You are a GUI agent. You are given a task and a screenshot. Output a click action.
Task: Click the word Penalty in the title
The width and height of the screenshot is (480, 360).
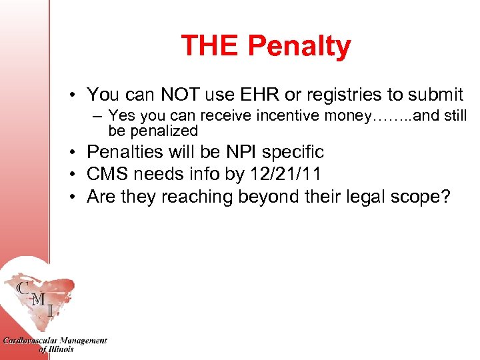(x=299, y=46)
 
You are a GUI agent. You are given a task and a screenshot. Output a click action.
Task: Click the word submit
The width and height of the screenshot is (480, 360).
(x=434, y=95)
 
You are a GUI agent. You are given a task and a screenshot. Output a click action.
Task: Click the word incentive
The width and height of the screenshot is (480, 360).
(x=291, y=116)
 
